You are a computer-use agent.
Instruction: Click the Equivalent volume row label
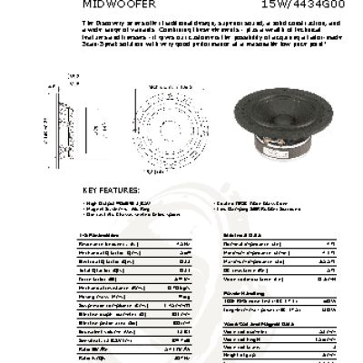pos(105,330)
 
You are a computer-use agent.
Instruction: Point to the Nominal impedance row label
pos(249,244)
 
